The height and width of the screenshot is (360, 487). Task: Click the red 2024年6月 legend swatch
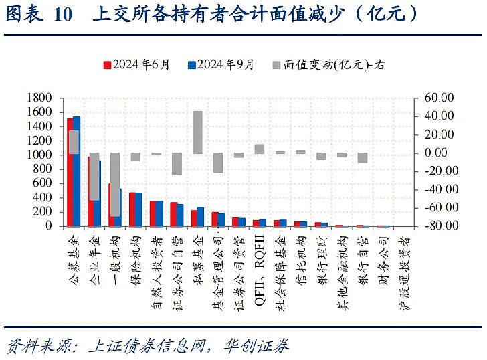[106, 65]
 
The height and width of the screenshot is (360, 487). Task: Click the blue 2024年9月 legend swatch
[191, 65]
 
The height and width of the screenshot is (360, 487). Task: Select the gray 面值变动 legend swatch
[276, 65]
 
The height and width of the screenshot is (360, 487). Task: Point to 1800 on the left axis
[41, 98]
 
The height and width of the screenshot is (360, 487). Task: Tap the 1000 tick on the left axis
[41, 155]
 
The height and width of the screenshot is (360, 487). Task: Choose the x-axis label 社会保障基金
[280, 268]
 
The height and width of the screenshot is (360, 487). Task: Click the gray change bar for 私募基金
[197, 132]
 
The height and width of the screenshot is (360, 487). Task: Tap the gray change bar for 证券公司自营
[177, 163]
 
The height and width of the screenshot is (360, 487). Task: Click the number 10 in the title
[62, 14]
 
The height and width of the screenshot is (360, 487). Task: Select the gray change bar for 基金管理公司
[218, 163]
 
